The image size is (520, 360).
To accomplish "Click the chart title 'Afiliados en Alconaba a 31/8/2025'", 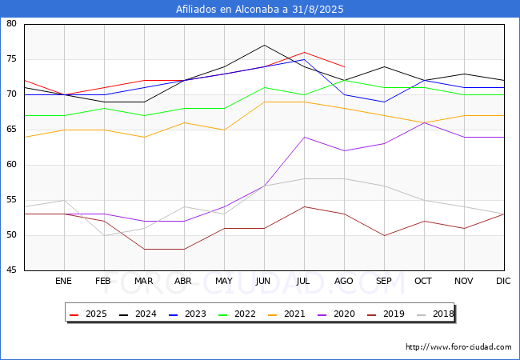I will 259,9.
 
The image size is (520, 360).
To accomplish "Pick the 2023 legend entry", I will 193,314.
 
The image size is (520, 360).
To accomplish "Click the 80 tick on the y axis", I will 12,24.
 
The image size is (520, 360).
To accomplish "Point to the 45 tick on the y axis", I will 12,270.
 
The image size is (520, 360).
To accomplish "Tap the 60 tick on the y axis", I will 12,165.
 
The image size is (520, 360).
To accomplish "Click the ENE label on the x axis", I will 64,282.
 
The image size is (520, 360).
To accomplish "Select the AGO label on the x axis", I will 344,282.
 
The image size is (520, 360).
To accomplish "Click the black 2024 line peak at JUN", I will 264,45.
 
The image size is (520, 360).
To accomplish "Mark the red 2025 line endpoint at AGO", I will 344,66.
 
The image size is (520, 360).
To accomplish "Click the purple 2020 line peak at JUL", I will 304,137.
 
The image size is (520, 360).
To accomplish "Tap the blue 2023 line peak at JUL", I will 304,59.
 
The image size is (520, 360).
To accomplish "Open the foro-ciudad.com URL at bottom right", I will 458,347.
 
